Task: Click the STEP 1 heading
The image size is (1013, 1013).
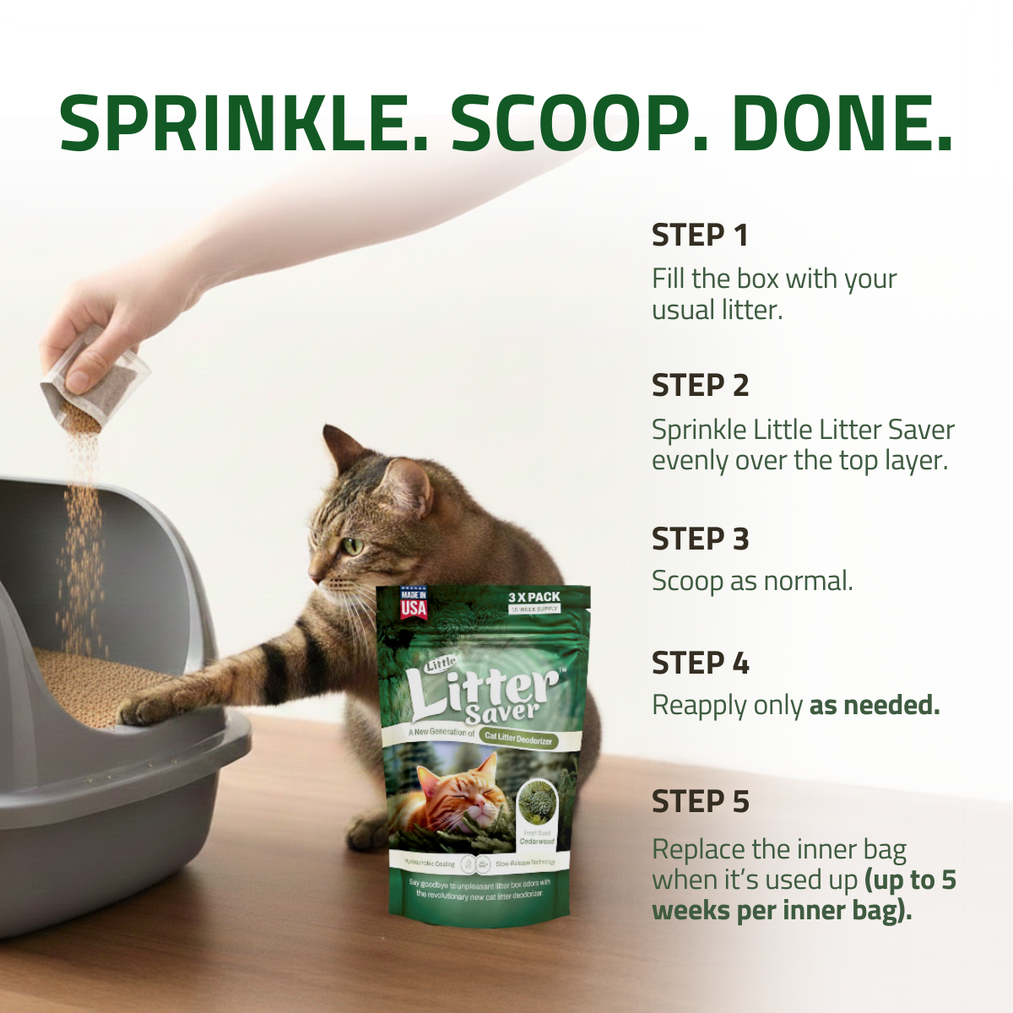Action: click(700, 236)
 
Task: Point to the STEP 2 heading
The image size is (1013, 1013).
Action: click(700, 386)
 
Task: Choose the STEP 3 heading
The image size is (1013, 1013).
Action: click(700, 539)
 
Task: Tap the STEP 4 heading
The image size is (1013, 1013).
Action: click(700, 664)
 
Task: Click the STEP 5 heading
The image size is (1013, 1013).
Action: click(700, 802)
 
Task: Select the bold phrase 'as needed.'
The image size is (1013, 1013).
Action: click(875, 705)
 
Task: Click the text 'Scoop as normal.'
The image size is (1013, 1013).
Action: click(752, 581)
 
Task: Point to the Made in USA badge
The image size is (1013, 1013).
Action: click(414, 603)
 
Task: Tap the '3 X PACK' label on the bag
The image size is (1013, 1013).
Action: click(534, 597)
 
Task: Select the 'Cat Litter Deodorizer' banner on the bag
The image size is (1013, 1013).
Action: click(518, 739)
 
